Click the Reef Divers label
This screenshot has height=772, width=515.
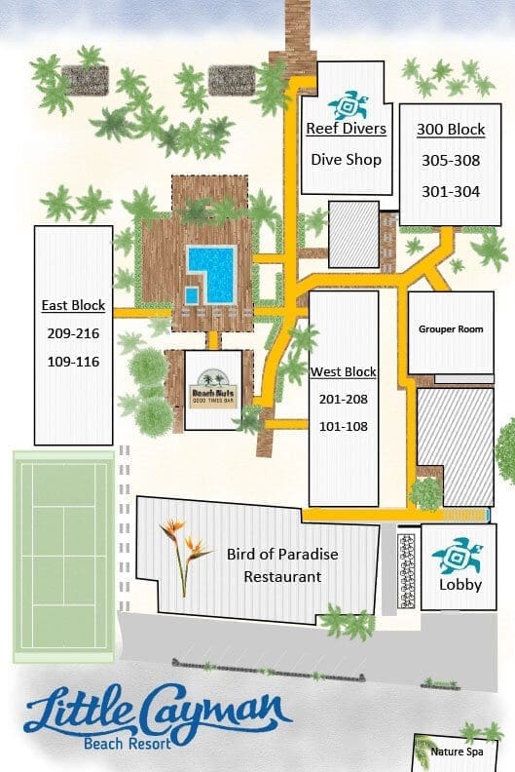point(347,129)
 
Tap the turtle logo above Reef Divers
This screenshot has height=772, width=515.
point(349,104)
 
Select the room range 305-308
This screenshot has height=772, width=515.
point(451,161)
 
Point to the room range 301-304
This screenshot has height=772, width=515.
point(451,191)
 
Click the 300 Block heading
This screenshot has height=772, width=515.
point(451,130)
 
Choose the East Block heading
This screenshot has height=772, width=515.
point(73,306)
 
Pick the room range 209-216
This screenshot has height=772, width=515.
point(73,333)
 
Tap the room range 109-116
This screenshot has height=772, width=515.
point(73,362)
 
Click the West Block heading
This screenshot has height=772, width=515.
point(344,371)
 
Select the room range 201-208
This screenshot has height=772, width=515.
point(344,399)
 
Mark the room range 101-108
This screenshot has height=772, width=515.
point(344,426)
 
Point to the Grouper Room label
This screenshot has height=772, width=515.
point(451,328)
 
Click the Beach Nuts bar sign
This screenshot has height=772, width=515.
point(214,389)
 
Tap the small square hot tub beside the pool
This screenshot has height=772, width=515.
point(192,295)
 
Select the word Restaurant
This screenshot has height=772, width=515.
point(282,576)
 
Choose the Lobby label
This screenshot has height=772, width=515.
point(460,585)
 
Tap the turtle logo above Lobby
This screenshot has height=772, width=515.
point(458,556)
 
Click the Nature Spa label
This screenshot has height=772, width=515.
point(457,752)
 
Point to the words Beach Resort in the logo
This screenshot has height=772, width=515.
point(128,743)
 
